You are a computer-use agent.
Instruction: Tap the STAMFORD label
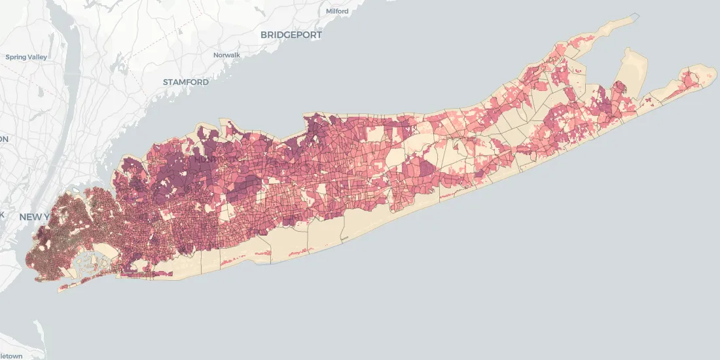186,82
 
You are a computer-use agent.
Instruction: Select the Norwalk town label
227,55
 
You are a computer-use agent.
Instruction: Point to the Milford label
337,11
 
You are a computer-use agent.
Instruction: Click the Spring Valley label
26,57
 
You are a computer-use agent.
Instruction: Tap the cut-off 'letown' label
11,355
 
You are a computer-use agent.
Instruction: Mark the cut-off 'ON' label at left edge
4,139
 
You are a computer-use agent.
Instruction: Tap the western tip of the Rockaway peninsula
60,288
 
